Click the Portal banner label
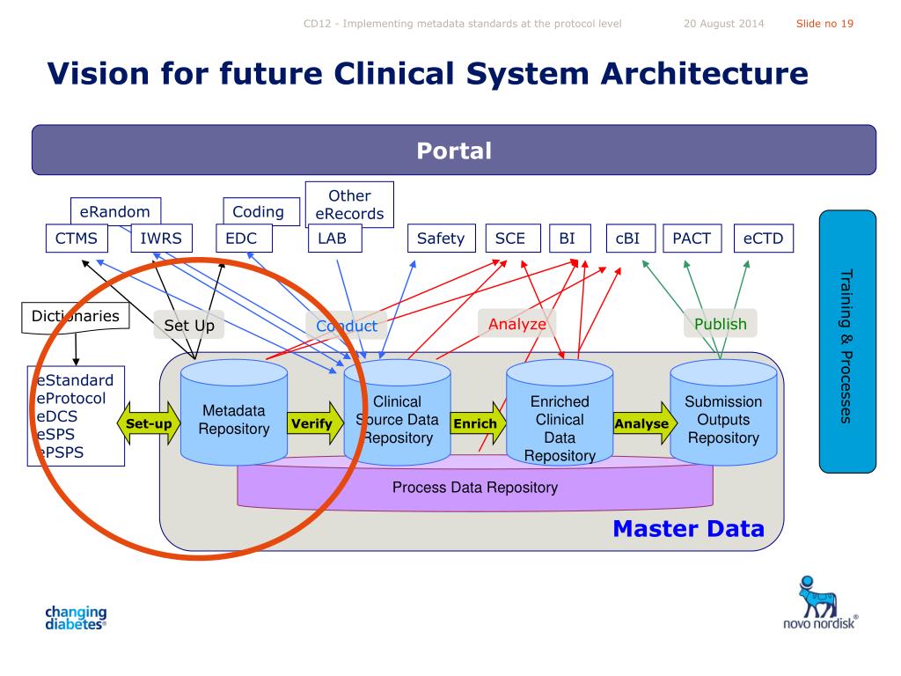coord(454,151)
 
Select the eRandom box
coord(115,211)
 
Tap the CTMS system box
coord(77,238)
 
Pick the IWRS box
coord(161,238)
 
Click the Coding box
coord(260,211)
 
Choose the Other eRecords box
coord(349,204)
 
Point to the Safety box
coord(442,238)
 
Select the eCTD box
coord(763,238)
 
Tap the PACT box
coord(692,238)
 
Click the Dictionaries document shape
coord(76,317)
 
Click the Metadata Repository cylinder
coord(234,412)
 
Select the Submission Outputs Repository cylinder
coord(723,412)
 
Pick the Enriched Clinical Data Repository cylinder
coord(560,412)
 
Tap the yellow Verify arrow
coord(316,423)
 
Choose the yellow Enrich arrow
coord(478,423)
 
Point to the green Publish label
coord(721,324)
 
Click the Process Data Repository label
coord(475,488)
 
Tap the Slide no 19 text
coord(824,24)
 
